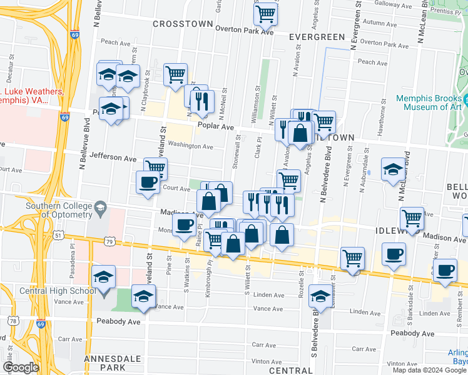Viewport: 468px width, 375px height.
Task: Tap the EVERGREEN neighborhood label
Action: (317, 37)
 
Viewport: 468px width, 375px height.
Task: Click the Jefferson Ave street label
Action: (113, 157)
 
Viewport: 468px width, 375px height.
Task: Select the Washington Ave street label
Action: (190, 146)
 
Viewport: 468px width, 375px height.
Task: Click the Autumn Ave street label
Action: (380, 22)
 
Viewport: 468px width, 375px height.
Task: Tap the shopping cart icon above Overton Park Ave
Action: (267, 13)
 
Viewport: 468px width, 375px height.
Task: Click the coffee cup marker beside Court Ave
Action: (148, 182)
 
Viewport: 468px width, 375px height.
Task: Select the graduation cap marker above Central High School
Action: (103, 276)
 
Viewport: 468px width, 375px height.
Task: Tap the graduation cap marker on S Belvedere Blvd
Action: (320, 296)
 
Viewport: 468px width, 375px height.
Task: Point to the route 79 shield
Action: (109, 241)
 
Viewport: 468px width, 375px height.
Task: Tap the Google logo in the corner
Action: (21, 367)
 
